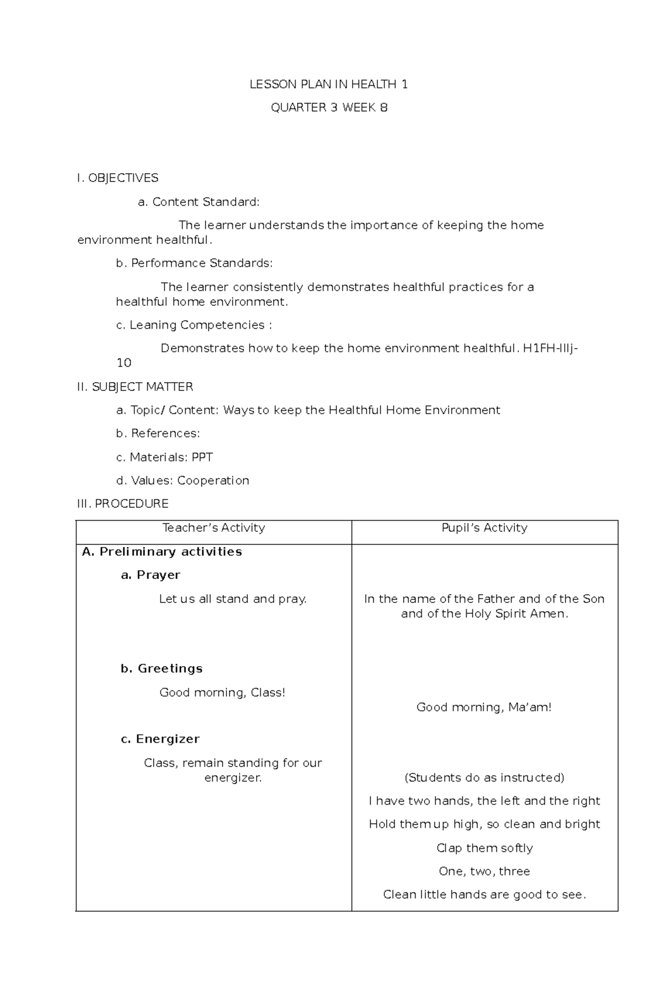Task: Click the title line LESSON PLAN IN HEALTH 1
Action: coord(328,84)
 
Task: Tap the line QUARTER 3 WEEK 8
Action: coord(329,107)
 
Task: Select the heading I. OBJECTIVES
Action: coord(118,178)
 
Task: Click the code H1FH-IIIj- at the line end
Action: coord(550,349)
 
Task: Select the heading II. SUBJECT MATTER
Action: coord(135,387)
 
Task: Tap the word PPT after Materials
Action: coord(202,457)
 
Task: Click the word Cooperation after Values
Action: coord(213,481)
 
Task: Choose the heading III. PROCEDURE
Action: coord(123,504)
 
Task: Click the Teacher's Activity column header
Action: coord(214,528)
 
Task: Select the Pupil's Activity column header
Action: coord(484,528)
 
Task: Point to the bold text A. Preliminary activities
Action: coord(162,552)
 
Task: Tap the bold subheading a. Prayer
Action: coord(150,575)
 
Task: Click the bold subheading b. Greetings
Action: coord(161,669)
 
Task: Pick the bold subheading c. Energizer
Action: coord(160,739)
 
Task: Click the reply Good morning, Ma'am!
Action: coord(484,708)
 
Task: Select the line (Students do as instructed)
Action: coord(484,778)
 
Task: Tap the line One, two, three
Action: coord(484,872)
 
